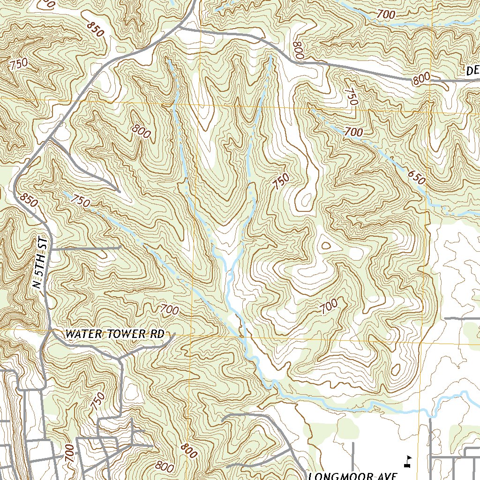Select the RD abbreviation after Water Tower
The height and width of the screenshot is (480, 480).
(x=157, y=334)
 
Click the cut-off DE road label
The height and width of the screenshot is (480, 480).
(x=472, y=71)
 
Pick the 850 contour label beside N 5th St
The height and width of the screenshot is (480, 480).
(x=29, y=201)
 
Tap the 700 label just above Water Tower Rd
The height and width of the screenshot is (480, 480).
(x=170, y=309)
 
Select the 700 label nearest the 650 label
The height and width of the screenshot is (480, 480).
(x=353, y=133)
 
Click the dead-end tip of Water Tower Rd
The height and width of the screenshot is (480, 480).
(x=174, y=334)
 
